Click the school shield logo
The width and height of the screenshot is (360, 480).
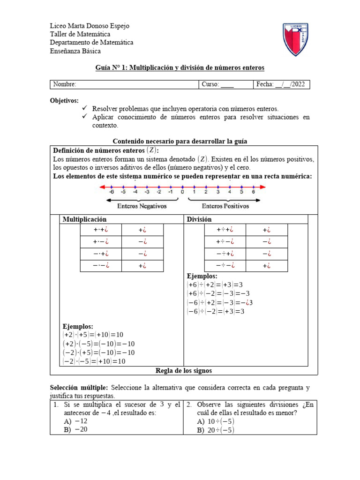pyautogui.click(x=295, y=39)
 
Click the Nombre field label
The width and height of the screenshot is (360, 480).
pyautogui.click(x=65, y=84)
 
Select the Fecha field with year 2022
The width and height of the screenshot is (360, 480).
pyautogui.click(x=280, y=84)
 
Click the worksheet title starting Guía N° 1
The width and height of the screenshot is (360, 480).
pyautogui.click(x=180, y=68)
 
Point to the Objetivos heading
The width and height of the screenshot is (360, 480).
pyautogui.click(x=64, y=101)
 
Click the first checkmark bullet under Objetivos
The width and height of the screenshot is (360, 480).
pyautogui.click(x=84, y=108)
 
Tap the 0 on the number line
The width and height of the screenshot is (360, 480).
pyautogui.click(x=182, y=192)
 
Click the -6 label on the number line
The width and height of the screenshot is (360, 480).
pyautogui.click(x=111, y=192)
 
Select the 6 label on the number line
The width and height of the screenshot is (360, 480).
pyautogui.click(x=253, y=192)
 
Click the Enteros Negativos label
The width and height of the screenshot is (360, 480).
pyautogui.click(x=142, y=206)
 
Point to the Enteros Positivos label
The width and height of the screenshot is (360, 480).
pyautogui.click(x=225, y=206)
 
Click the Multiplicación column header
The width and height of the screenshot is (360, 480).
pyautogui.click(x=84, y=219)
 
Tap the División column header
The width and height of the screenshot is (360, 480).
pyautogui.click(x=199, y=219)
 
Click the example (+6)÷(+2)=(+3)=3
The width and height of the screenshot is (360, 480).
pyautogui.click(x=215, y=285)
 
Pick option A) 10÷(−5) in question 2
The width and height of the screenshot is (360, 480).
pyautogui.click(x=216, y=421)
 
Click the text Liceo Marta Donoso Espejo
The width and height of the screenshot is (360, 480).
pyautogui.click(x=90, y=26)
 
